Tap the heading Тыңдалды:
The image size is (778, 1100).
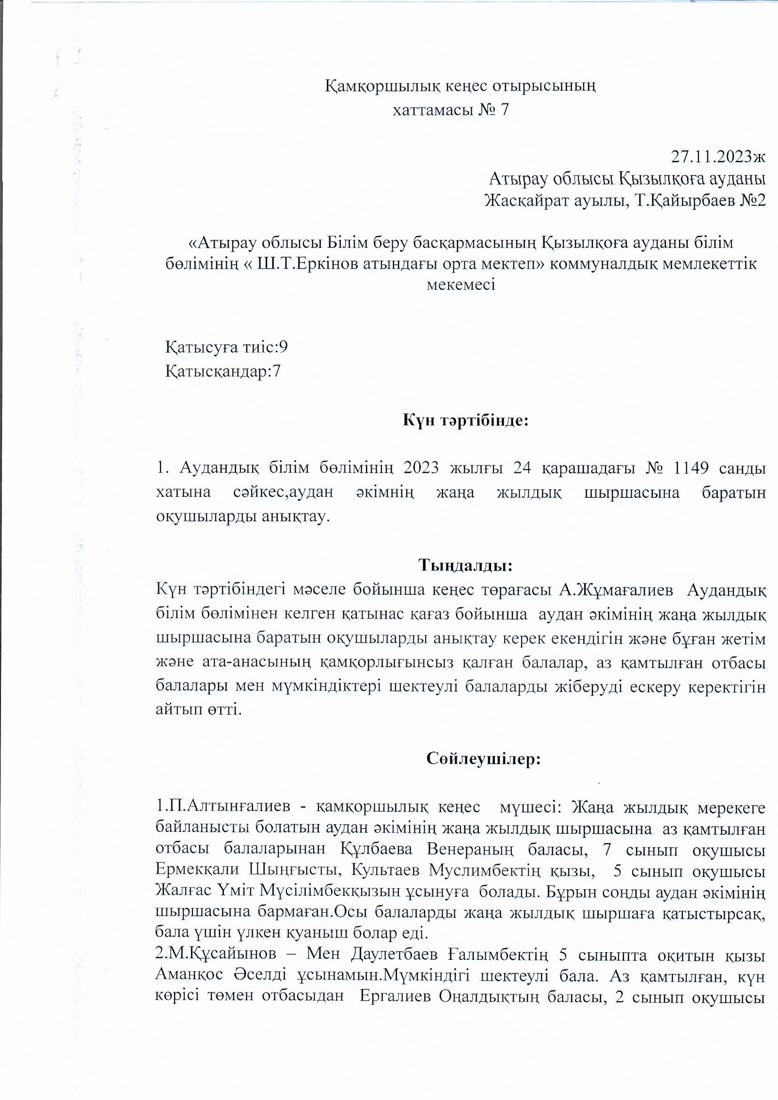[x=466, y=566]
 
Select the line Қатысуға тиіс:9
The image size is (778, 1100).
[x=227, y=347]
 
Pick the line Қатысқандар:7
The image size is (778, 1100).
[x=223, y=371]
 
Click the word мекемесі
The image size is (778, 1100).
[x=460, y=285]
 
